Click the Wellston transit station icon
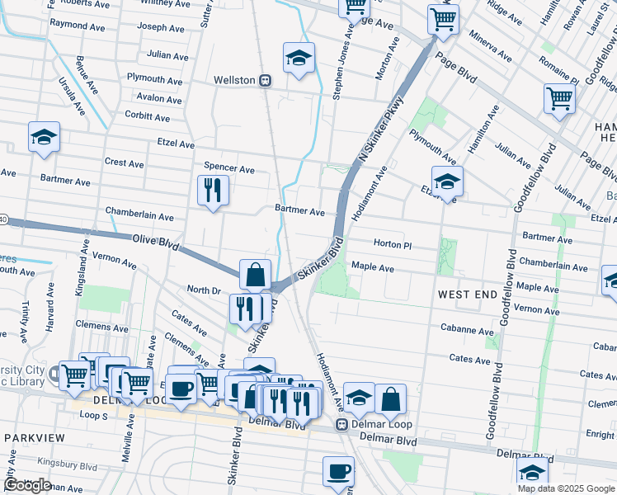265,81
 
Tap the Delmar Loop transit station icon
341,424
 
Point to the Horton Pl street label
392,244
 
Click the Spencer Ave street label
228,168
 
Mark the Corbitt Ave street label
147,117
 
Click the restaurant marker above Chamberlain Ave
213,191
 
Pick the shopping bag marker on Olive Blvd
256,275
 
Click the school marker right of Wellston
299,58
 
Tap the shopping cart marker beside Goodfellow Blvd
559,100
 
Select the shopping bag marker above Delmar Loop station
391,399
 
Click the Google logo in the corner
27,485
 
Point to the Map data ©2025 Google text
566,488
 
